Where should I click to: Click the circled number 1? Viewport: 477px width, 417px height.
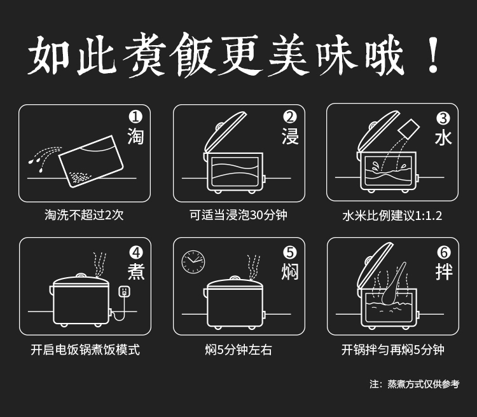click(135, 117)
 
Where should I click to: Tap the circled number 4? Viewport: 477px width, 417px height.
click(135, 252)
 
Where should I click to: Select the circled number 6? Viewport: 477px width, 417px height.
click(444, 252)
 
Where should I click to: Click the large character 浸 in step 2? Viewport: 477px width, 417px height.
click(290, 136)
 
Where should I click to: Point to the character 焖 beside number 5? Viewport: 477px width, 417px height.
click(290, 271)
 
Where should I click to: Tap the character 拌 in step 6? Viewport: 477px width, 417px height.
click(444, 271)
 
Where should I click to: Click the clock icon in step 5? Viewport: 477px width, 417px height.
click(193, 262)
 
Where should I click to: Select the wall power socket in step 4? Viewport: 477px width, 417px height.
click(124, 291)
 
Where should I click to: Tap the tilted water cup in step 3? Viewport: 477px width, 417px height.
click(409, 129)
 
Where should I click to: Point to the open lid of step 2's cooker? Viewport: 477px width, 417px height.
click(225, 131)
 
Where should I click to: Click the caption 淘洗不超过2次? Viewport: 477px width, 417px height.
click(84, 215)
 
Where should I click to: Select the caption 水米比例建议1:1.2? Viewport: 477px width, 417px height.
click(392, 215)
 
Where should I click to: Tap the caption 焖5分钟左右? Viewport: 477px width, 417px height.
click(238, 350)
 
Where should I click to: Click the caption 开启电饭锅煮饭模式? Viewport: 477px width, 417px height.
click(85, 350)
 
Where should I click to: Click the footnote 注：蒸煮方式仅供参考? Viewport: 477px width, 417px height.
click(414, 384)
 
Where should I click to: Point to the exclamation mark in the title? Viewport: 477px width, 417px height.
click(433, 55)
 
